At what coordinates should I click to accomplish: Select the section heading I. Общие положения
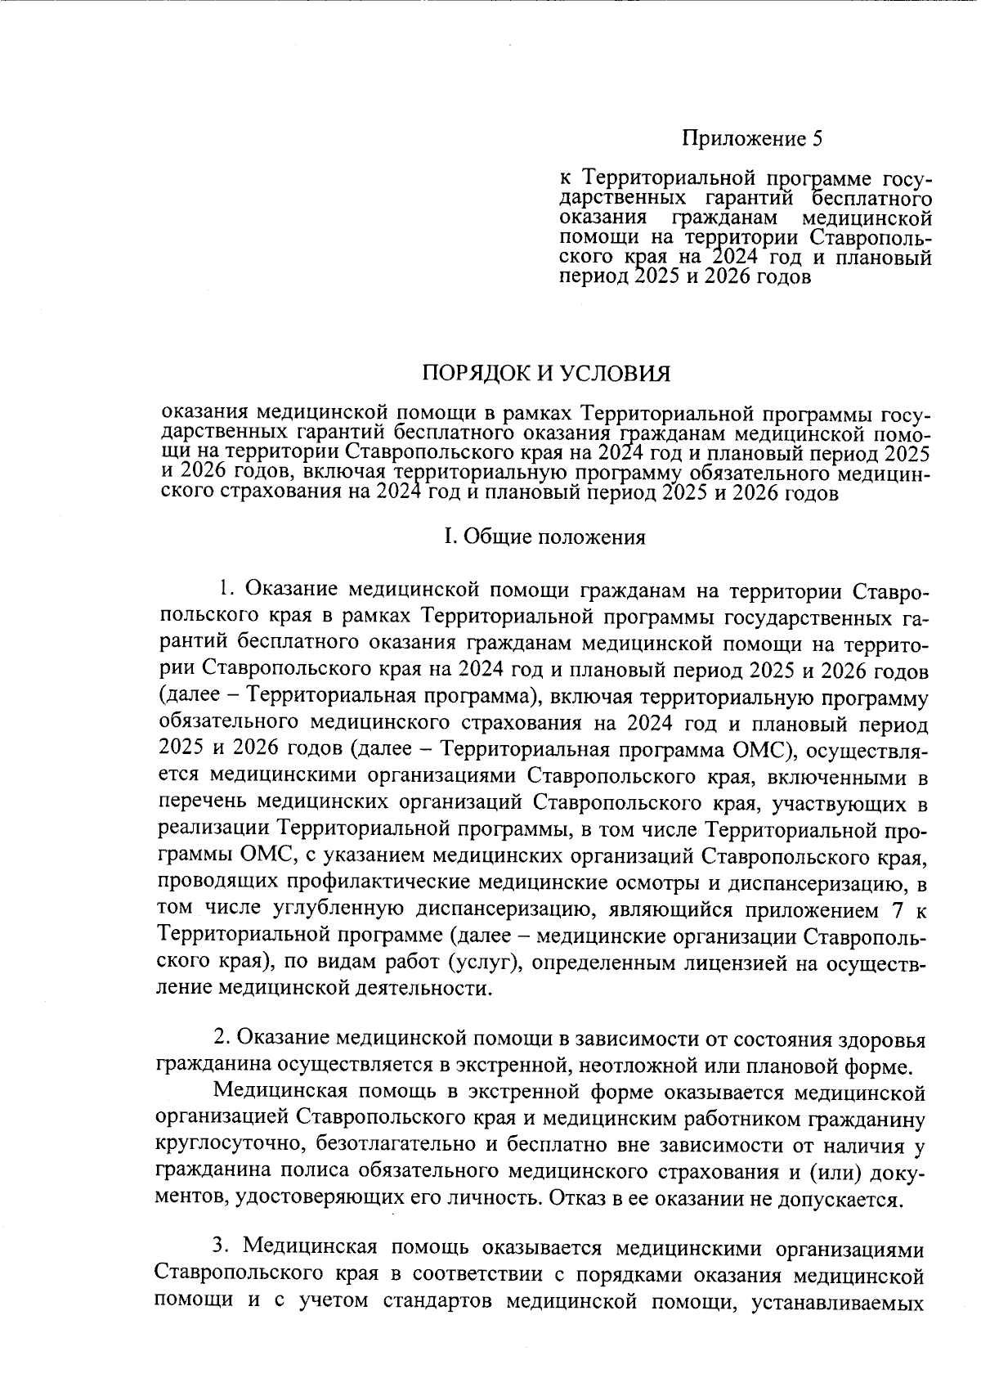544,537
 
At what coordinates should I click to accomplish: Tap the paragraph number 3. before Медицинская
221,1248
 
